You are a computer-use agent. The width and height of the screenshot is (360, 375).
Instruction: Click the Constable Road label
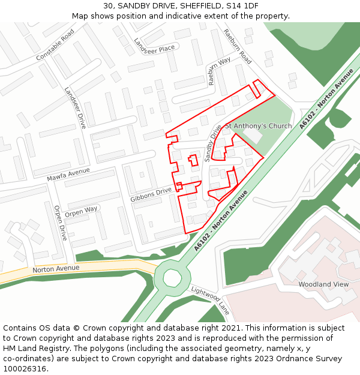point(55,45)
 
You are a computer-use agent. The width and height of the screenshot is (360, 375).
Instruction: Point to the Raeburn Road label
point(238,46)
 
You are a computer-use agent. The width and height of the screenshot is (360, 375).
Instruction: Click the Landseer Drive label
point(76,107)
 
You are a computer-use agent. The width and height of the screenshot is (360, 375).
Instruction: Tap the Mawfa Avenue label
point(68,175)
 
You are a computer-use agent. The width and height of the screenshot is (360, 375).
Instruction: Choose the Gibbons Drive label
point(151,194)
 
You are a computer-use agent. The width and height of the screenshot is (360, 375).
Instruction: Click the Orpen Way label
point(81,212)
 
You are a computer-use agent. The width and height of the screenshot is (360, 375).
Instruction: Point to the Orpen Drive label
point(60,223)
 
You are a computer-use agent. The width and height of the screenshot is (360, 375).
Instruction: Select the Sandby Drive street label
point(212,143)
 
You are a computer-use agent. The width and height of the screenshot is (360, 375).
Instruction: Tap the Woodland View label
point(323,284)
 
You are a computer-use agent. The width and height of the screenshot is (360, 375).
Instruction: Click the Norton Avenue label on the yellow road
point(56,269)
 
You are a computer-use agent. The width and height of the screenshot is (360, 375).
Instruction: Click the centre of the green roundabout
point(172,278)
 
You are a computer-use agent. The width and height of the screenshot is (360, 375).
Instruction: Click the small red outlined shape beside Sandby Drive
point(193,160)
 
